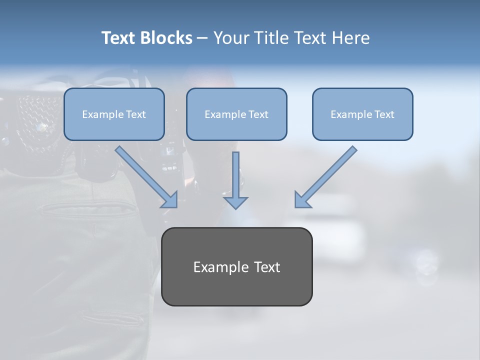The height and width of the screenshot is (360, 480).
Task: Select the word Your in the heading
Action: tap(230, 38)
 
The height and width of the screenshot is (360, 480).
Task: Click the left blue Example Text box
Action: tap(114, 114)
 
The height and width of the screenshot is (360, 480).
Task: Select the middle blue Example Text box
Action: tap(236, 114)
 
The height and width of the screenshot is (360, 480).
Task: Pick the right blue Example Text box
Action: tap(362, 114)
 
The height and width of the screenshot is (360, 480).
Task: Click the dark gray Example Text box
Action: tap(236, 267)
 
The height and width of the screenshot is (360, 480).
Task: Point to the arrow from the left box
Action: tap(145, 176)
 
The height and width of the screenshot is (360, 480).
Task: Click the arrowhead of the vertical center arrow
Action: tap(235, 202)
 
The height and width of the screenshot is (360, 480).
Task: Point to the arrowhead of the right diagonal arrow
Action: tap(301, 200)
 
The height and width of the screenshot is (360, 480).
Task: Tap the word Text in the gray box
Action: tap(266, 267)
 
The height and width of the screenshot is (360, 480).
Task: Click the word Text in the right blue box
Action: tap(384, 114)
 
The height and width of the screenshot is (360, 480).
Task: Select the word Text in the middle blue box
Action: tap(258, 114)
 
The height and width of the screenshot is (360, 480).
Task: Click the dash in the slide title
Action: tap(202, 38)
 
